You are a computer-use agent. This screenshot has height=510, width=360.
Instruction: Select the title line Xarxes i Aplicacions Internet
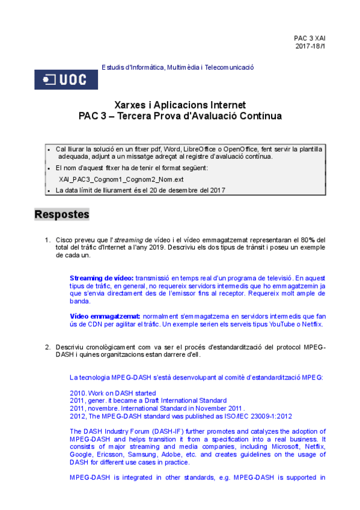[180, 105]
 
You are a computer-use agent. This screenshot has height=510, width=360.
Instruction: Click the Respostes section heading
[62, 214]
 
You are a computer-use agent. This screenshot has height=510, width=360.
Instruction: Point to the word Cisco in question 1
[65, 240]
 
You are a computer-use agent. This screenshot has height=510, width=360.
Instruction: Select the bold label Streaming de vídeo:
[101, 278]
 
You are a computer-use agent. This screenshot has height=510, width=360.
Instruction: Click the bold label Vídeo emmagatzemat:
[105, 316]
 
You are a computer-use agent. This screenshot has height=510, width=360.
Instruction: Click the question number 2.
[47, 347]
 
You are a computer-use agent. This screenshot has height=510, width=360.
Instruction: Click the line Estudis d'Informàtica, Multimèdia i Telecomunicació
[178, 67]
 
